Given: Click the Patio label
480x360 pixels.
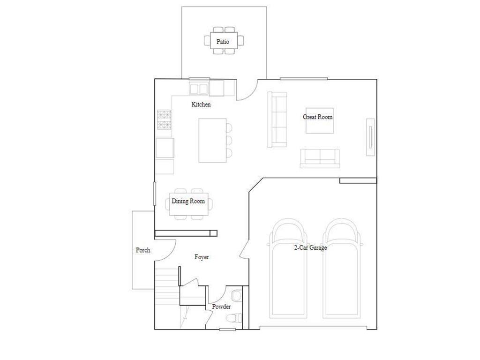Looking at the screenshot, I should (x=223, y=42).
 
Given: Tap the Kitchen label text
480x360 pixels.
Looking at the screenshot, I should (x=201, y=105).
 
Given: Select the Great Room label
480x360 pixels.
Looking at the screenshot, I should (x=317, y=117).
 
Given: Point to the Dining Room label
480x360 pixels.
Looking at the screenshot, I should (x=188, y=201).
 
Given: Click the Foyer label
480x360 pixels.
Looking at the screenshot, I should (x=202, y=257).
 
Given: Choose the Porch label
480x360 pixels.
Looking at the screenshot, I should (x=143, y=250).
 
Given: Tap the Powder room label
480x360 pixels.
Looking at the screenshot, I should (x=221, y=307).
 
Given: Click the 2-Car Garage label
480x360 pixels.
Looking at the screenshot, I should (x=310, y=247).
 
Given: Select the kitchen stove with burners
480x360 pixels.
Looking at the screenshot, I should (x=165, y=120).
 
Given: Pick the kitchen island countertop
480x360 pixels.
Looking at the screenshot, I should (x=212, y=140).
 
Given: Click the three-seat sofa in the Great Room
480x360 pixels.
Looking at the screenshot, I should (x=277, y=119).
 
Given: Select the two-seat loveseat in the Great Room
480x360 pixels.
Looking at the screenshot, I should (x=320, y=158).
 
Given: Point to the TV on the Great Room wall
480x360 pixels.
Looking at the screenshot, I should (x=371, y=136).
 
